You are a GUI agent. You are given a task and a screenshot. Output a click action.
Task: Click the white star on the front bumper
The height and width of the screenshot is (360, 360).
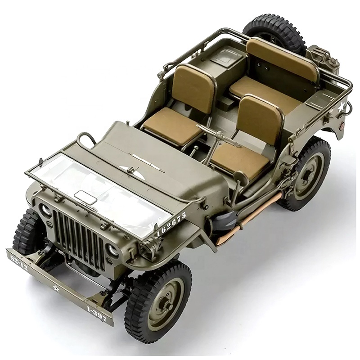pos(56,288)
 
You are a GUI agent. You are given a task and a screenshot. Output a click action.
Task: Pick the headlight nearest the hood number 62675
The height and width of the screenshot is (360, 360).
pos(112,250)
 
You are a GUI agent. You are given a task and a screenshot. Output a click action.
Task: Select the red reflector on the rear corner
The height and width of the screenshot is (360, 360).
pos(341,126)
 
